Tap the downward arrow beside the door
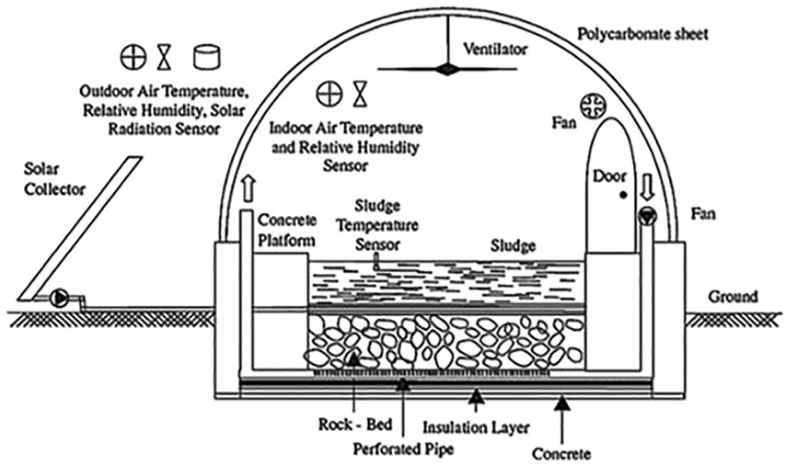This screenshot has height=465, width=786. pos(645,187)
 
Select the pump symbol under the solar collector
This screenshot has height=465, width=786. pos(60,297)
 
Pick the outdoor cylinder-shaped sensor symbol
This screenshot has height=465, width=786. pos(207,58)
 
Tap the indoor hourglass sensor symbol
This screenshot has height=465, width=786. pos(361,93)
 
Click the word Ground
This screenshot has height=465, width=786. pos(733,297)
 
